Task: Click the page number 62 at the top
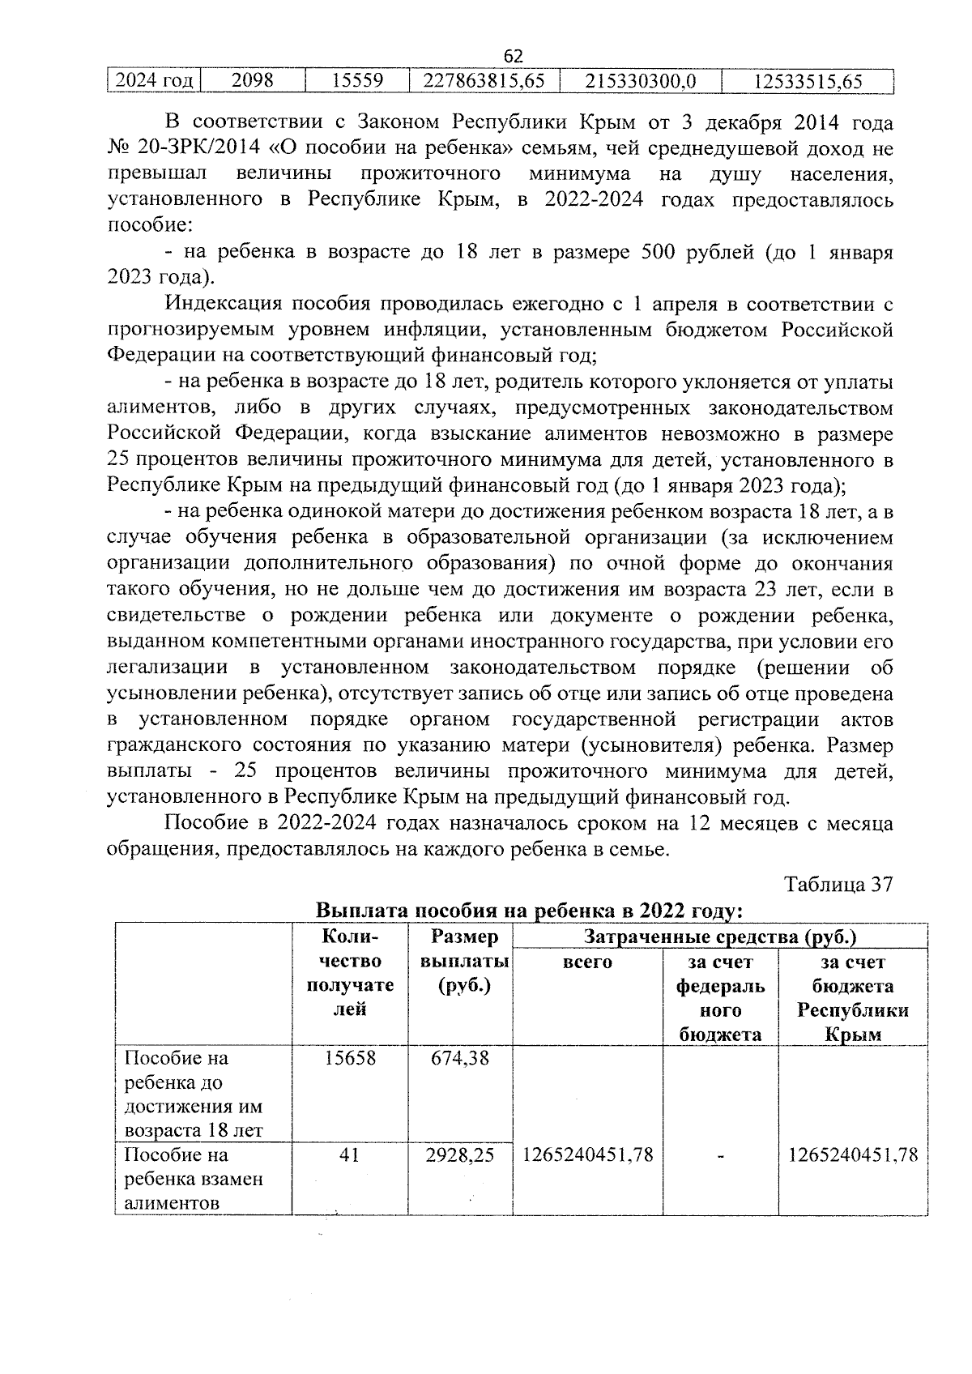(513, 56)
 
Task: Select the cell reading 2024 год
(153, 81)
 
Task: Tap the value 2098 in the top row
(252, 81)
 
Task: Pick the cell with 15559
(357, 81)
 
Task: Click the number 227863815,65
(484, 81)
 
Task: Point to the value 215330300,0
(640, 81)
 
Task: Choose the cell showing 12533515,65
(808, 81)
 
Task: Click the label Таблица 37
(838, 884)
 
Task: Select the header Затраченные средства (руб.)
(720, 937)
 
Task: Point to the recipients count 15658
(350, 1058)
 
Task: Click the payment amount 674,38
(461, 1058)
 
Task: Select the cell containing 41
(349, 1154)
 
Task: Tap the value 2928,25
(460, 1154)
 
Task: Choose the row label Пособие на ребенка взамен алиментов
(194, 1178)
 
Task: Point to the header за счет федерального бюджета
(720, 998)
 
